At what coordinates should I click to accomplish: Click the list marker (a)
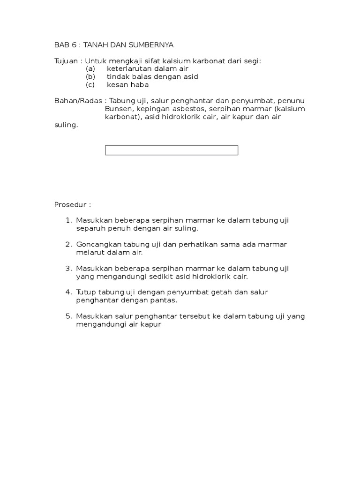point(90,69)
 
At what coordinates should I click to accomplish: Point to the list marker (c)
point(90,85)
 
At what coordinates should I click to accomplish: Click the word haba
point(139,85)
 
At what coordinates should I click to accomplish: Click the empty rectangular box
point(172,150)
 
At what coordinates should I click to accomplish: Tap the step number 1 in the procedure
point(68,220)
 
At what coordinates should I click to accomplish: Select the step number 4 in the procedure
point(68,292)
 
